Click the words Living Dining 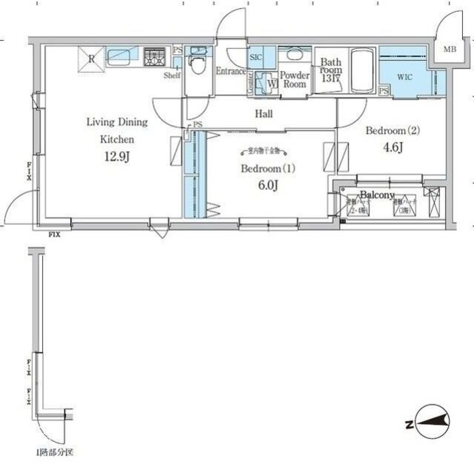(x=117, y=122)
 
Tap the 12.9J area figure (x=117, y=156)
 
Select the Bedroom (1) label (x=267, y=168)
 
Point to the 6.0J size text (x=267, y=185)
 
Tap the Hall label (x=263, y=114)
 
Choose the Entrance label (x=230, y=72)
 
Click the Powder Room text (x=295, y=79)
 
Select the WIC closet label (x=404, y=76)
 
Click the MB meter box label (x=450, y=50)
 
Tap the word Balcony (x=377, y=195)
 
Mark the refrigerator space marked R (x=92, y=58)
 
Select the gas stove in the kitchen (x=156, y=56)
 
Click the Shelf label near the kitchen (x=173, y=75)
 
